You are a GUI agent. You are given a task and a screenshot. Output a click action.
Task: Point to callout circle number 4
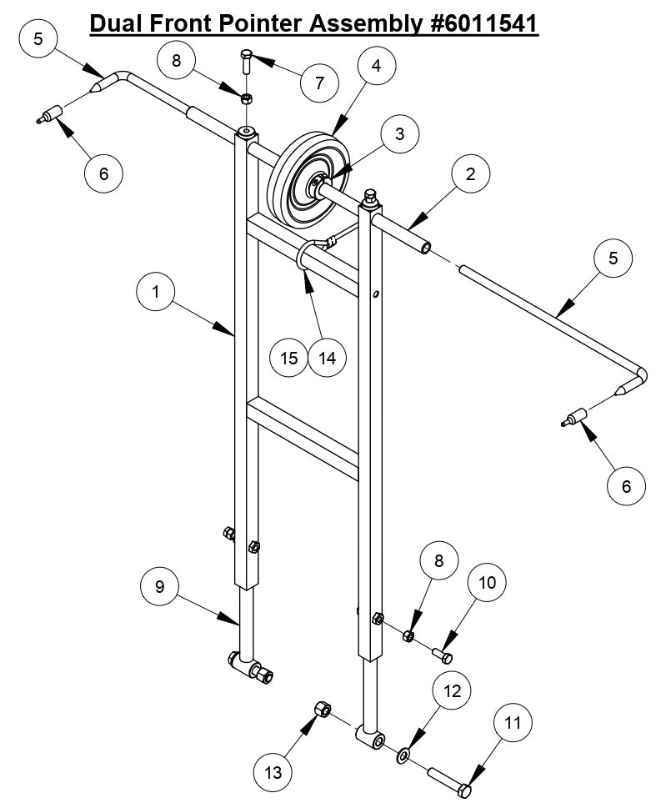377,66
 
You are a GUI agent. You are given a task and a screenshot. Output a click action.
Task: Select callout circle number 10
488,582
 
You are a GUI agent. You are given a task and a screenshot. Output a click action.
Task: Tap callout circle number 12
452,691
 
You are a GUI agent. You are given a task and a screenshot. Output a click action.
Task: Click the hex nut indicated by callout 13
322,710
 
